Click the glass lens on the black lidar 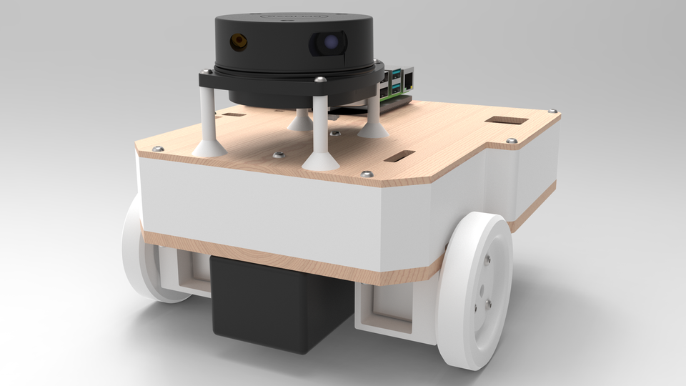tap(329, 44)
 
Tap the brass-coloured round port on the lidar tap(237, 41)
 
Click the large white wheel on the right tap(476, 291)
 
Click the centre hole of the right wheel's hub tap(484, 288)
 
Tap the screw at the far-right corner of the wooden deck tap(552, 111)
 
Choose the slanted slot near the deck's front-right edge tap(398, 157)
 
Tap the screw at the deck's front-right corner tap(366, 173)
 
